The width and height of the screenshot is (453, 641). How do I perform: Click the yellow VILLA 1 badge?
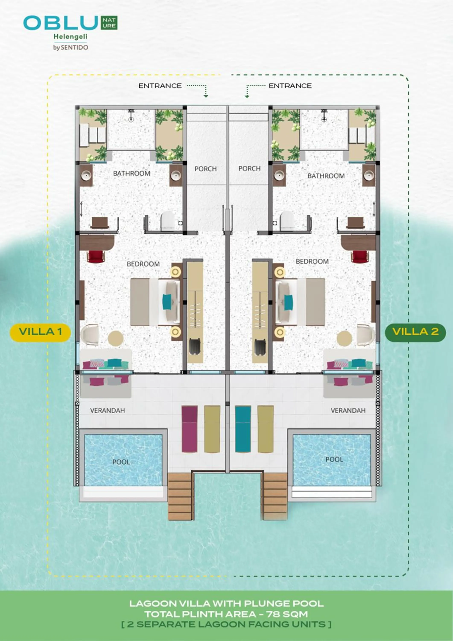pyautogui.click(x=40, y=332)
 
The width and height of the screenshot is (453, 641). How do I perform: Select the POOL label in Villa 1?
pyautogui.click(x=121, y=462)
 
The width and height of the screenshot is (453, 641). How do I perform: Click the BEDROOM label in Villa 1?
pyautogui.click(x=143, y=264)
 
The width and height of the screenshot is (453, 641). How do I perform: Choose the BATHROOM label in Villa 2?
pyautogui.click(x=326, y=176)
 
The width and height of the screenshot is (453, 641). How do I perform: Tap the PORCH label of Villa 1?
pyautogui.click(x=206, y=169)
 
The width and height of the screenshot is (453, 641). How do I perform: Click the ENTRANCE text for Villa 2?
pyautogui.click(x=290, y=86)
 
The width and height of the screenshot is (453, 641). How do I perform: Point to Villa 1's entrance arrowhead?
pyautogui.click(x=206, y=96)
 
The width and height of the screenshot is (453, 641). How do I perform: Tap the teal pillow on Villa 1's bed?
pyautogui.click(x=167, y=302)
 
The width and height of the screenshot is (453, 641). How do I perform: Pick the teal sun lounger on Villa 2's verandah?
pyautogui.click(x=243, y=429)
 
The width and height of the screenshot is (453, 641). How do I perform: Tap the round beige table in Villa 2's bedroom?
pyautogui.click(x=344, y=339)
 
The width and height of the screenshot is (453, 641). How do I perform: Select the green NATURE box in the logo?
pyautogui.click(x=109, y=23)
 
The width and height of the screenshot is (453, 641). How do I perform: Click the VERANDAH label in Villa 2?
pyautogui.click(x=348, y=410)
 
